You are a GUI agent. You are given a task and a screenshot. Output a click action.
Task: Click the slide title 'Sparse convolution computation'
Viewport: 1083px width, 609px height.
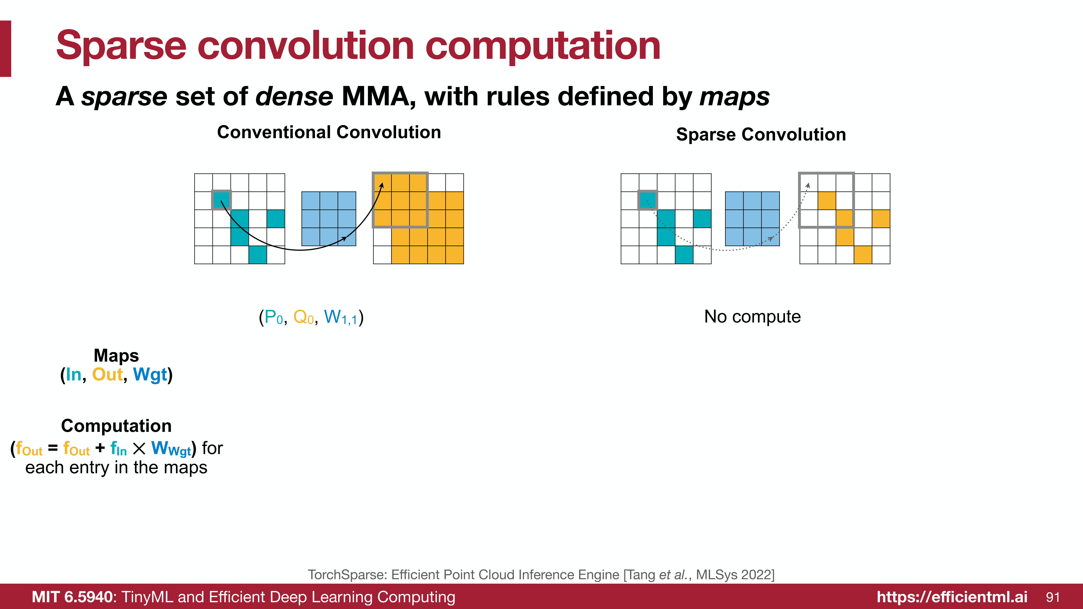tap(358, 46)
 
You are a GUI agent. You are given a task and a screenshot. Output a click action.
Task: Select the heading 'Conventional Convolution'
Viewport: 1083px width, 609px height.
tap(329, 132)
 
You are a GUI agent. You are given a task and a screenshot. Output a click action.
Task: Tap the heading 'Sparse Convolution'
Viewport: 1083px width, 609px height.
tap(761, 135)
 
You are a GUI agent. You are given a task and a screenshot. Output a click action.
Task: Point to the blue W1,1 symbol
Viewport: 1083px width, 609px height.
tap(341, 317)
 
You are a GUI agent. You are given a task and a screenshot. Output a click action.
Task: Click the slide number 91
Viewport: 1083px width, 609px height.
tap(1053, 597)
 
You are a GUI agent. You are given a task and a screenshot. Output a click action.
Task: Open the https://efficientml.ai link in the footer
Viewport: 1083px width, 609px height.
tap(952, 597)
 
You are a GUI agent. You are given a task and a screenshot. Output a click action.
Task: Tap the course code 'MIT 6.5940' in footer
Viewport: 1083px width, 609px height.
tap(72, 597)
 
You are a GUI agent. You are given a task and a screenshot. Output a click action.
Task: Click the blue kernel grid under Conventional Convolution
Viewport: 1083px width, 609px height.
tap(329, 219)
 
